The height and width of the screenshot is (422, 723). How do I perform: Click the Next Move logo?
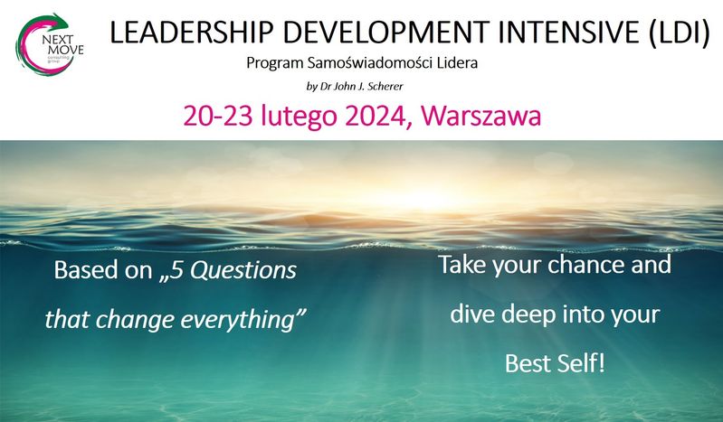tap(50, 44)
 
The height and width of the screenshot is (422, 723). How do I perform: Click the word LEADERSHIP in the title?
tap(190, 33)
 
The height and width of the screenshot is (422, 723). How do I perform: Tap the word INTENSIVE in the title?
tap(569, 33)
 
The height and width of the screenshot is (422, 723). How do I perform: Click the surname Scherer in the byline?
tap(385, 86)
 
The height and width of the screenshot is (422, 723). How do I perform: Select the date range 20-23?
tap(218, 116)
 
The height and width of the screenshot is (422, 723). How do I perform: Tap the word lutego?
tap(299, 117)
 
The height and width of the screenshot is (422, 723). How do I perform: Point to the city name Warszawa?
tap(480, 116)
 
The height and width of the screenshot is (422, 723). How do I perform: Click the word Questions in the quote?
tap(243, 270)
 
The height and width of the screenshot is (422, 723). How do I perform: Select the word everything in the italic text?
tap(243, 320)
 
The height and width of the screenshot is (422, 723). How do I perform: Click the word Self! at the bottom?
tap(581, 363)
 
